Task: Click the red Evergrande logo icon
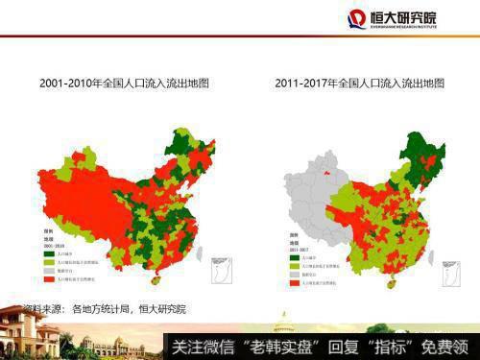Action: (356, 18)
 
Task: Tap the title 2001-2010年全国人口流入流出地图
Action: (124, 84)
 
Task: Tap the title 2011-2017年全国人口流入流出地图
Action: (362, 84)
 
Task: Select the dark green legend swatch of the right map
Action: (289, 256)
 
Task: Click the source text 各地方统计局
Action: (102, 309)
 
